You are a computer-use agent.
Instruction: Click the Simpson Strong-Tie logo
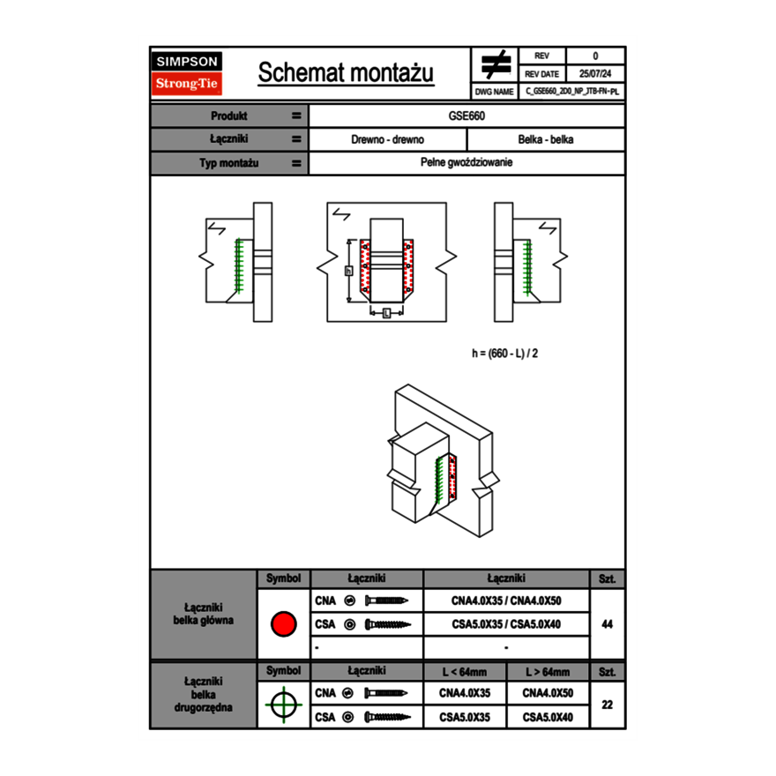(188, 73)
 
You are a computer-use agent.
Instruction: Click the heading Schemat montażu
(346, 73)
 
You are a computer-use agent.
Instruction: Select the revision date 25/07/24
(595, 74)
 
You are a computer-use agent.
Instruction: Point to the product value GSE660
(467, 116)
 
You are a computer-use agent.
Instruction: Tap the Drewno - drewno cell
(388, 139)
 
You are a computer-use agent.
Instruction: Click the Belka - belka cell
(546, 139)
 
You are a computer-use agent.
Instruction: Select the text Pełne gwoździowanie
(467, 163)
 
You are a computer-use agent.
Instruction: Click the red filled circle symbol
(283, 624)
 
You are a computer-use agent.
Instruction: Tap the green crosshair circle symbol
(283, 705)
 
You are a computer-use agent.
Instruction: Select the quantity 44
(607, 624)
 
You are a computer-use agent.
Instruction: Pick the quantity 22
(607, 705)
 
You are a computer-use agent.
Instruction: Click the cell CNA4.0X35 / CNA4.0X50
(506, 601)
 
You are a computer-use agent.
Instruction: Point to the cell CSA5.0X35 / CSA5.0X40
(506, 624)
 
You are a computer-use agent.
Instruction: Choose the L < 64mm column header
(465, 672)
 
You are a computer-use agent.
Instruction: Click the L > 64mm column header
(548, 672)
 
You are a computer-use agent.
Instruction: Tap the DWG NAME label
(494, 91)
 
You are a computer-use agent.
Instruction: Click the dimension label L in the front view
(387, 312)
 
